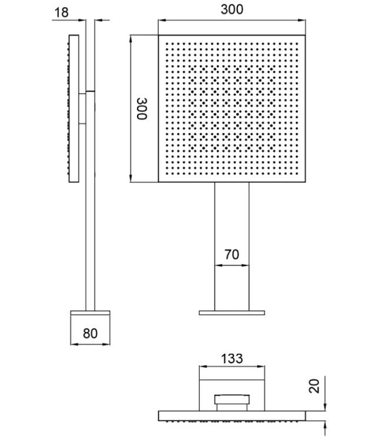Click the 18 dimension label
tap(61, 12)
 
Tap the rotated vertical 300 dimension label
tap(142, 109)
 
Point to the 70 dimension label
tap(232, 254)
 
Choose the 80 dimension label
tap(91, 333)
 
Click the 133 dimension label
tap(232, 358)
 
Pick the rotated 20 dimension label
tap(315, 386)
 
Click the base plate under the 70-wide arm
tap(232, 313)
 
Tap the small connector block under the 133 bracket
tap(232, 402)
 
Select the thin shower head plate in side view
tap(73, 109)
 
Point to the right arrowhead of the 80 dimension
tap(106, 344)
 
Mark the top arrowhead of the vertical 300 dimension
tap(131, 39)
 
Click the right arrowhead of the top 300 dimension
tap(302, 20)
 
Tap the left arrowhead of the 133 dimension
tap(203, 366)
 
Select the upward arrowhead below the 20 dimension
tap(325, 425)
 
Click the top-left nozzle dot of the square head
tap(167, 44)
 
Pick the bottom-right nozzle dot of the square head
tap(297, 174)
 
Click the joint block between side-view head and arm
tap(82, 109)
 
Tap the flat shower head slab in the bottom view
tap(232, 416)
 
